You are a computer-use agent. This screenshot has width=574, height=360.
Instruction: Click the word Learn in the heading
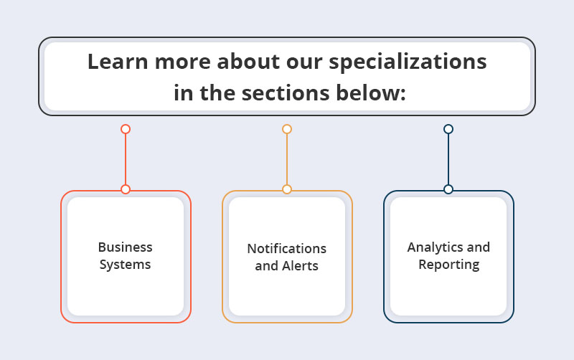pos(117,61)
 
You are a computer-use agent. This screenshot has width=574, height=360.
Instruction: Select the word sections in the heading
pos(286,93)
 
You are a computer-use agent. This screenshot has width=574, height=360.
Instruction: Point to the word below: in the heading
pos(371,93)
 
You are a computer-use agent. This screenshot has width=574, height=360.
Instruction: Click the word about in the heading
pos(248,61)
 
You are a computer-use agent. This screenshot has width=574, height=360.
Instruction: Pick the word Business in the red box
pos(125,247)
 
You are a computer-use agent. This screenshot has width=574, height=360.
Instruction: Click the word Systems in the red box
pos(125,265)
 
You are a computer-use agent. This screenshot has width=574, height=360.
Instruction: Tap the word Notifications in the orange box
pos(287,248)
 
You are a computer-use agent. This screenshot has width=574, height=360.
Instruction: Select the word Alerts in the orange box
pos(300,266)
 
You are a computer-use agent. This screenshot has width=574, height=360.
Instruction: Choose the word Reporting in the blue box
pos(449,265)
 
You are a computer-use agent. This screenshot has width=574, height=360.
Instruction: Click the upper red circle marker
pos(126,129)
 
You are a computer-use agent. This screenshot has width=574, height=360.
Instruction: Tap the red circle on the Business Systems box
pos(126,189)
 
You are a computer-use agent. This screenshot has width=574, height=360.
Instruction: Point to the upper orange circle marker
pos(287,129)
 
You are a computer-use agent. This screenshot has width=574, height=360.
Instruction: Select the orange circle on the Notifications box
pos(287,189)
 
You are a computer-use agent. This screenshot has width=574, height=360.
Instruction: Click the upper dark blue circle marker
pos(448,129)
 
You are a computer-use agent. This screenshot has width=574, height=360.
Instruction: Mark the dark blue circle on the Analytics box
pos(448,189)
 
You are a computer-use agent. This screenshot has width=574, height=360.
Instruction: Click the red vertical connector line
pos(126,159)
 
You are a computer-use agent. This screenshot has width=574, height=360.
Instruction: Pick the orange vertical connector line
pos(287,159)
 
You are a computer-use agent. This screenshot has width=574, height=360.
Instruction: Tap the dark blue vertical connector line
pos(448,159)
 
